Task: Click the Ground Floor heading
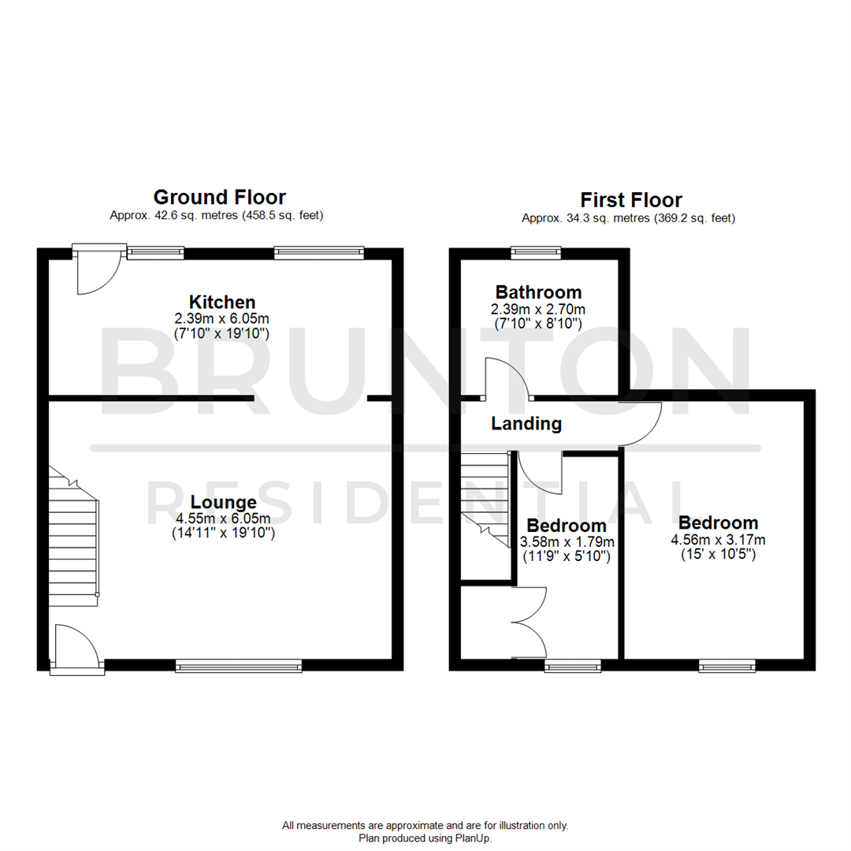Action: [x=219, y=196]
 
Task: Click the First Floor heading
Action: [x=630, y=199]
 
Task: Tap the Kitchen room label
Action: [x=222, y=302]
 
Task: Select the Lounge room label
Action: [x=222, y=502]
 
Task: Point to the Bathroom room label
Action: [x=538, y=292]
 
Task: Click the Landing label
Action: [x=526, y=424]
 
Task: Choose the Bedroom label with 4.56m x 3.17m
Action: [x=718, y=522]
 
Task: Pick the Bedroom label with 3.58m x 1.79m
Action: [x=567, y=526]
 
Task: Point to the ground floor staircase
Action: [x=74, y=536]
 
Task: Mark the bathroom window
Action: [x=536, y=253]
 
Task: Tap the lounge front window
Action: [x=239, y=667]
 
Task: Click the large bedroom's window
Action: [x=727, y=667]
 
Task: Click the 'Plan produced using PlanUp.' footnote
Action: [x=425, y=838]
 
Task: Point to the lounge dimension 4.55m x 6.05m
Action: [x=222, y=518]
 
